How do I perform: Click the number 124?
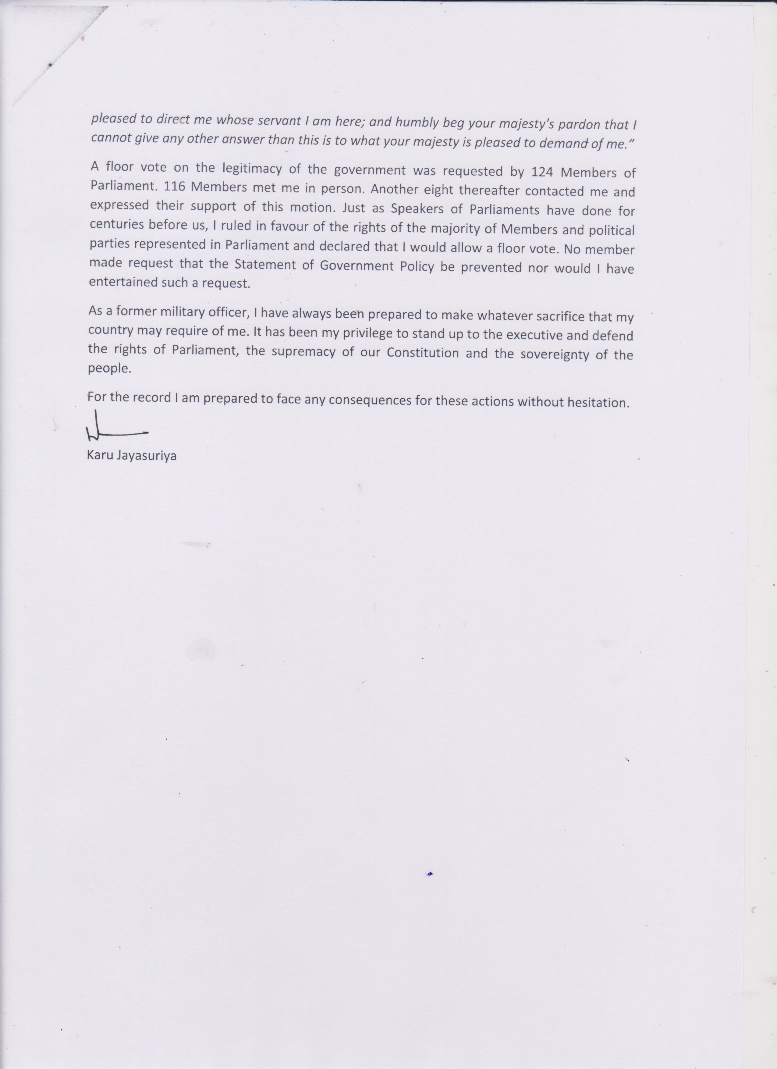(x=542, y=172)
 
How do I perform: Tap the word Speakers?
(x=417, y=209)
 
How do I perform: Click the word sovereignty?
(x=554, y=355)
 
